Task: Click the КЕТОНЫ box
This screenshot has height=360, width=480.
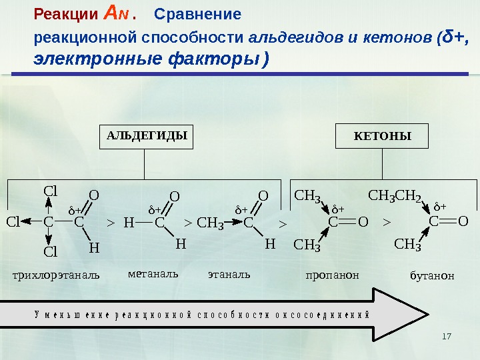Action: [x=382, y=137]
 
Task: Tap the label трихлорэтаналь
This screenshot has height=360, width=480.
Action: [x=57, y=275]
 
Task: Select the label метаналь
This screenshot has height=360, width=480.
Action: [x=153, y=273]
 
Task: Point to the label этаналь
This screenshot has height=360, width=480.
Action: [x=229, y=273]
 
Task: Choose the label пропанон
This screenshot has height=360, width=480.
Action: [x=332, y=275]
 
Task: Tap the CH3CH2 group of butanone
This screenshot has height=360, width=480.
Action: [x=395, y=196]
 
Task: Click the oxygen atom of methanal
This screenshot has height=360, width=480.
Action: [x=175, y=197]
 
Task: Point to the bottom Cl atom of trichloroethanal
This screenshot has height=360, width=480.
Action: [x=51, y=252]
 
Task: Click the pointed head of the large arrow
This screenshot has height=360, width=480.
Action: [x=408, y=313]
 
